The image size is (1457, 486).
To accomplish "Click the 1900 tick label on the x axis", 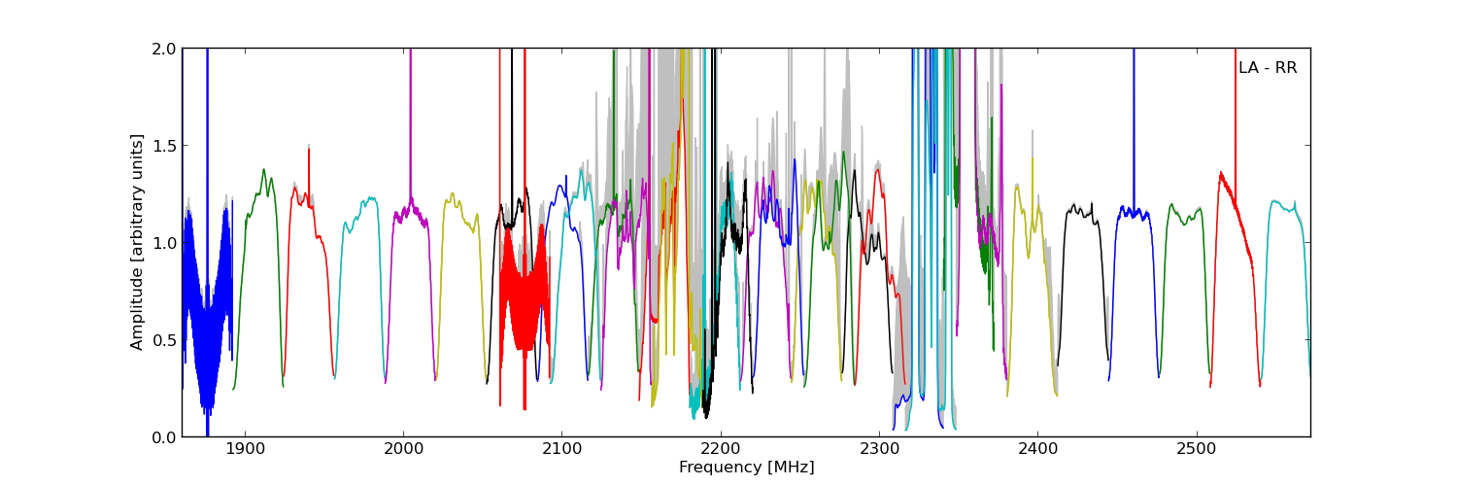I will point(244,451).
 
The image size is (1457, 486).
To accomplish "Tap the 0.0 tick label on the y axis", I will point(164,437).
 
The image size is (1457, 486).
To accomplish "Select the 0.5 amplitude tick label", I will point(164,340).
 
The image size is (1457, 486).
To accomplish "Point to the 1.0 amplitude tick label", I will point(164,243).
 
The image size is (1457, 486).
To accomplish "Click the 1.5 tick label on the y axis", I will point(164,146).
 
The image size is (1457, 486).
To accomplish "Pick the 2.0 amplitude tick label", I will point(164,49).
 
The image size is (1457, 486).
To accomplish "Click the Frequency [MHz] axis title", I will point(746,468).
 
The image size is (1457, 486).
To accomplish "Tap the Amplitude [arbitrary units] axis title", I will point(138,242).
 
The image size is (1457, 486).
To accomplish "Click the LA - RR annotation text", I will point(1268,68).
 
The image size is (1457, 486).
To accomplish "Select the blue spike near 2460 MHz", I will point(1133,126).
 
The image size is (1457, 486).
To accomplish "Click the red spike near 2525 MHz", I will point(1236,117).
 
